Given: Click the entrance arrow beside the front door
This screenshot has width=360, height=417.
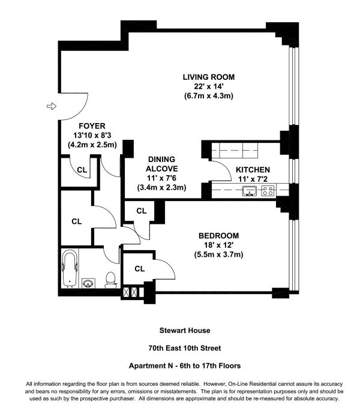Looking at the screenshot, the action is (x=52, y=106).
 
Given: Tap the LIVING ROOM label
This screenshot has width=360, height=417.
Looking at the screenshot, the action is (x=209, y=77).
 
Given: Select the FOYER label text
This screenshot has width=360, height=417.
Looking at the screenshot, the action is (x=92, y=126).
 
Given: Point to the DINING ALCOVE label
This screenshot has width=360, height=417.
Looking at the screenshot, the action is (x=161, y=164).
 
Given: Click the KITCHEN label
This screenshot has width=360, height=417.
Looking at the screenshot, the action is (x=253, y=170).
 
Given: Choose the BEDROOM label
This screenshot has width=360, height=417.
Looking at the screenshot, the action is (x=219, y=236).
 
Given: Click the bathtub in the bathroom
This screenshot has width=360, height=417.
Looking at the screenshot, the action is (x=70, y=269).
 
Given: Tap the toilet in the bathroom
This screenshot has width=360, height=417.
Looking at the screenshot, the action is (x=110, y=280).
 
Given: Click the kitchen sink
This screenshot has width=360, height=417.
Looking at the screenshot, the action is (x=250, y=191).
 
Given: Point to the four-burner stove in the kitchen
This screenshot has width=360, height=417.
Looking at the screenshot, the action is (x=268, y=191).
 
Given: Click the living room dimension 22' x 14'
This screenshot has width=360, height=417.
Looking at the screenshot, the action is (x=209, y=86).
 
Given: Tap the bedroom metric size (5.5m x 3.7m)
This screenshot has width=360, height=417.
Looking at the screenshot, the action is (x=219, y=254).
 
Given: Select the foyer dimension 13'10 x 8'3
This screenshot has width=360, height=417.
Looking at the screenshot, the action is (x=92, y=136).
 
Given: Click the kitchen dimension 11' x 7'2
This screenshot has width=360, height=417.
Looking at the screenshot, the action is (x=253, y=179).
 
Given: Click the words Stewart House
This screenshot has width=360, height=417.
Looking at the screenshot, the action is (x=185, y=331).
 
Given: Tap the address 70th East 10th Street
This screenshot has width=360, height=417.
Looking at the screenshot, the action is (x=185, y=348).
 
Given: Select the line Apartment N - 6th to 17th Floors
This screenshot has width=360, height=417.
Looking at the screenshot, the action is (x=185, y=366).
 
